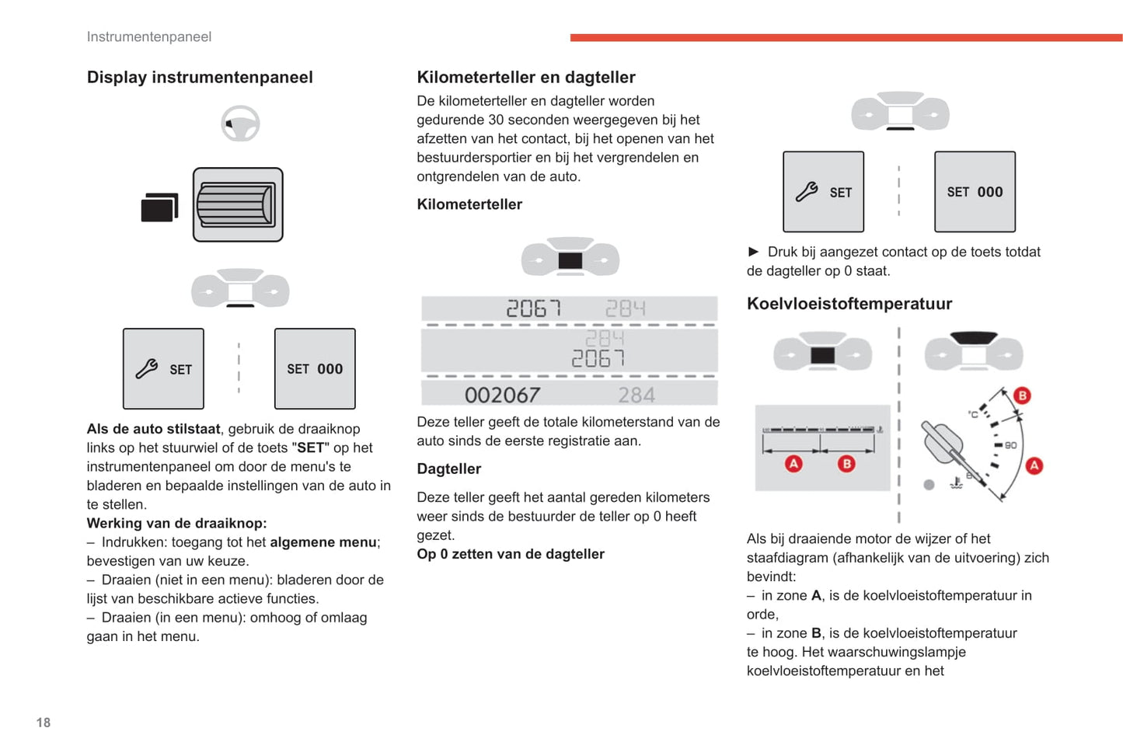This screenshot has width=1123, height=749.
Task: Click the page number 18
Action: [x=44, y=723]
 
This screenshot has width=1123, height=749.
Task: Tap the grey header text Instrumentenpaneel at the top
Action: [x=148, y=37]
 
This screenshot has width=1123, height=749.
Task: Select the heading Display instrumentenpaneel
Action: [x=200, y=77]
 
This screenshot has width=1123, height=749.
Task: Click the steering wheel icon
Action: [x=240, y=124]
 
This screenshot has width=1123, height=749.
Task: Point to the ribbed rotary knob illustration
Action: [x=238, y=205]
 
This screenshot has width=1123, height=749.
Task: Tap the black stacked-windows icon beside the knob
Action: [x=159, y=207]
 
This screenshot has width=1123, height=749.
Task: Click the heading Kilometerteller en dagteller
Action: [x=525, y=77]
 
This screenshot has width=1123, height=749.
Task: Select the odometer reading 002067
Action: [x=502, y=395]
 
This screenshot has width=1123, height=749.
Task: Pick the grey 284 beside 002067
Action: [x=636, y=395]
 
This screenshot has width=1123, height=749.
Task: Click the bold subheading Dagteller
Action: [x=448, y=469]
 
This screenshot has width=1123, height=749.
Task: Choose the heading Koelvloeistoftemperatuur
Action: [x=849, y=304]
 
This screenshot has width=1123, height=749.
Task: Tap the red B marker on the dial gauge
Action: [x=1022, y=395]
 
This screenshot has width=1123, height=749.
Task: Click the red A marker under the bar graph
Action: [x=793, y=464]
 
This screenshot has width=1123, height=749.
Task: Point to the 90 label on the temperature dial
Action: [x=1010, y=445]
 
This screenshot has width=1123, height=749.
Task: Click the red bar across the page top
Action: [x=846, y=37]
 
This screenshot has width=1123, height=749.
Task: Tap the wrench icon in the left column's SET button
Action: [x=147, y=369]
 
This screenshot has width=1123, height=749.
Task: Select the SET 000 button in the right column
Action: [x=975, y=192]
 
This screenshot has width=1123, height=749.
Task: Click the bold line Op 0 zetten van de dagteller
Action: [x=511, y=554]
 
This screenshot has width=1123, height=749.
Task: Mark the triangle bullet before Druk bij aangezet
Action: [x=753, y=252]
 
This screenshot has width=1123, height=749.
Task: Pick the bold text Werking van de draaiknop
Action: [x=176, y=523]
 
